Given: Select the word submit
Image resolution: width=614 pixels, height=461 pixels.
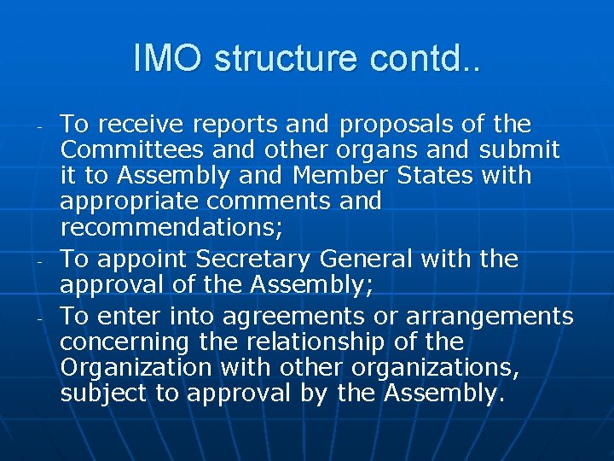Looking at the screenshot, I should tap(519, 151).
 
